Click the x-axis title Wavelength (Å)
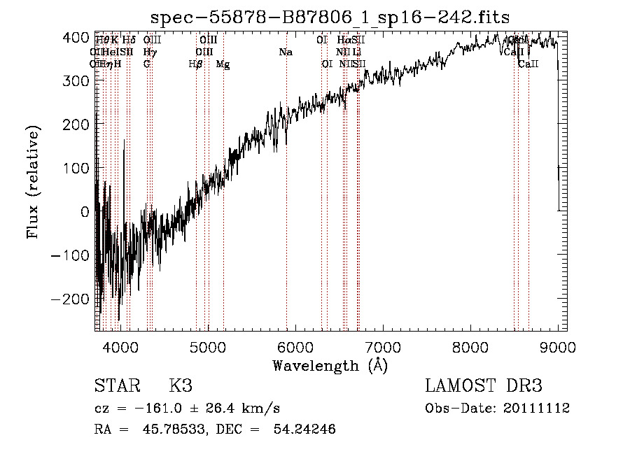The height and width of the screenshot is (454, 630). (x=330, y=365)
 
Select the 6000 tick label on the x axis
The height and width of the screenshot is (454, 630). (x=295, y=347)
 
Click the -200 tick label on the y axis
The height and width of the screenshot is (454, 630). (x=71, y=299)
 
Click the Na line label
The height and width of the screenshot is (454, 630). (x=286, y=52)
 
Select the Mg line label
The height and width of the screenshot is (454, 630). (x=223, y=64)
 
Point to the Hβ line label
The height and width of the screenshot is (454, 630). (x=196, y=64)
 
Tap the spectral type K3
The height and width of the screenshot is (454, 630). (x=181, y=386)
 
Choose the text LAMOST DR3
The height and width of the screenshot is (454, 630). (x=484, y=386)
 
